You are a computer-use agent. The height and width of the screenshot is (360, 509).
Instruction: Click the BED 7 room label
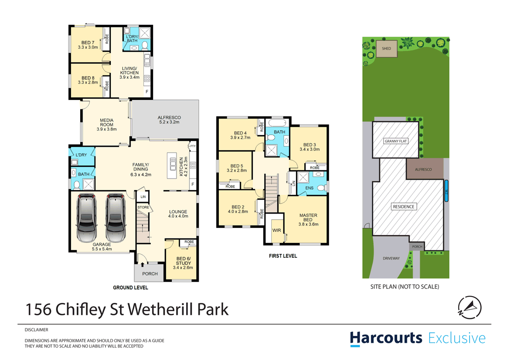[88, 42]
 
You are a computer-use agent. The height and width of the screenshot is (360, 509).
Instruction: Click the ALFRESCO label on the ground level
[168, 117]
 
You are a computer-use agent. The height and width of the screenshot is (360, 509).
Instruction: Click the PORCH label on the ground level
[150, 274]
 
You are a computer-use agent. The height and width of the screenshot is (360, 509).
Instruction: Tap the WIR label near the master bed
[277, 230]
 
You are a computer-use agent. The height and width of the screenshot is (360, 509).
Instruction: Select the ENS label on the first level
[309, 188]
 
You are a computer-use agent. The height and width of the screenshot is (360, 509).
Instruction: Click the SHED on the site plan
[386, 48]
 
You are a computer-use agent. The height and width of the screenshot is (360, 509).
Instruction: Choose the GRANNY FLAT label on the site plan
[396, 141]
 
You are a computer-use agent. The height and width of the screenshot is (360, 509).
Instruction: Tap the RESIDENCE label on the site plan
[403, 206]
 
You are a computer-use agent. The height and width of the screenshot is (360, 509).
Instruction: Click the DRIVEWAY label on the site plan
[391, 258]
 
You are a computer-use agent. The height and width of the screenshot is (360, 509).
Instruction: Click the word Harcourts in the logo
[386, 338]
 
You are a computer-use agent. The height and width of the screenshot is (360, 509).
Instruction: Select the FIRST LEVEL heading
[283, 256]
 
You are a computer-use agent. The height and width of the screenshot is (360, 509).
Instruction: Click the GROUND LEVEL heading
[130, 288]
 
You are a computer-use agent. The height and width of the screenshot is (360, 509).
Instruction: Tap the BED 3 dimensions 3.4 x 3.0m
[309, 149]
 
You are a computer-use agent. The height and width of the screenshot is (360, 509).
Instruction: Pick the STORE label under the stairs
[143, 207]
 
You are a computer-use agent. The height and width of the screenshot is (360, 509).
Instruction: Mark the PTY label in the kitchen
[193, 146]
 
